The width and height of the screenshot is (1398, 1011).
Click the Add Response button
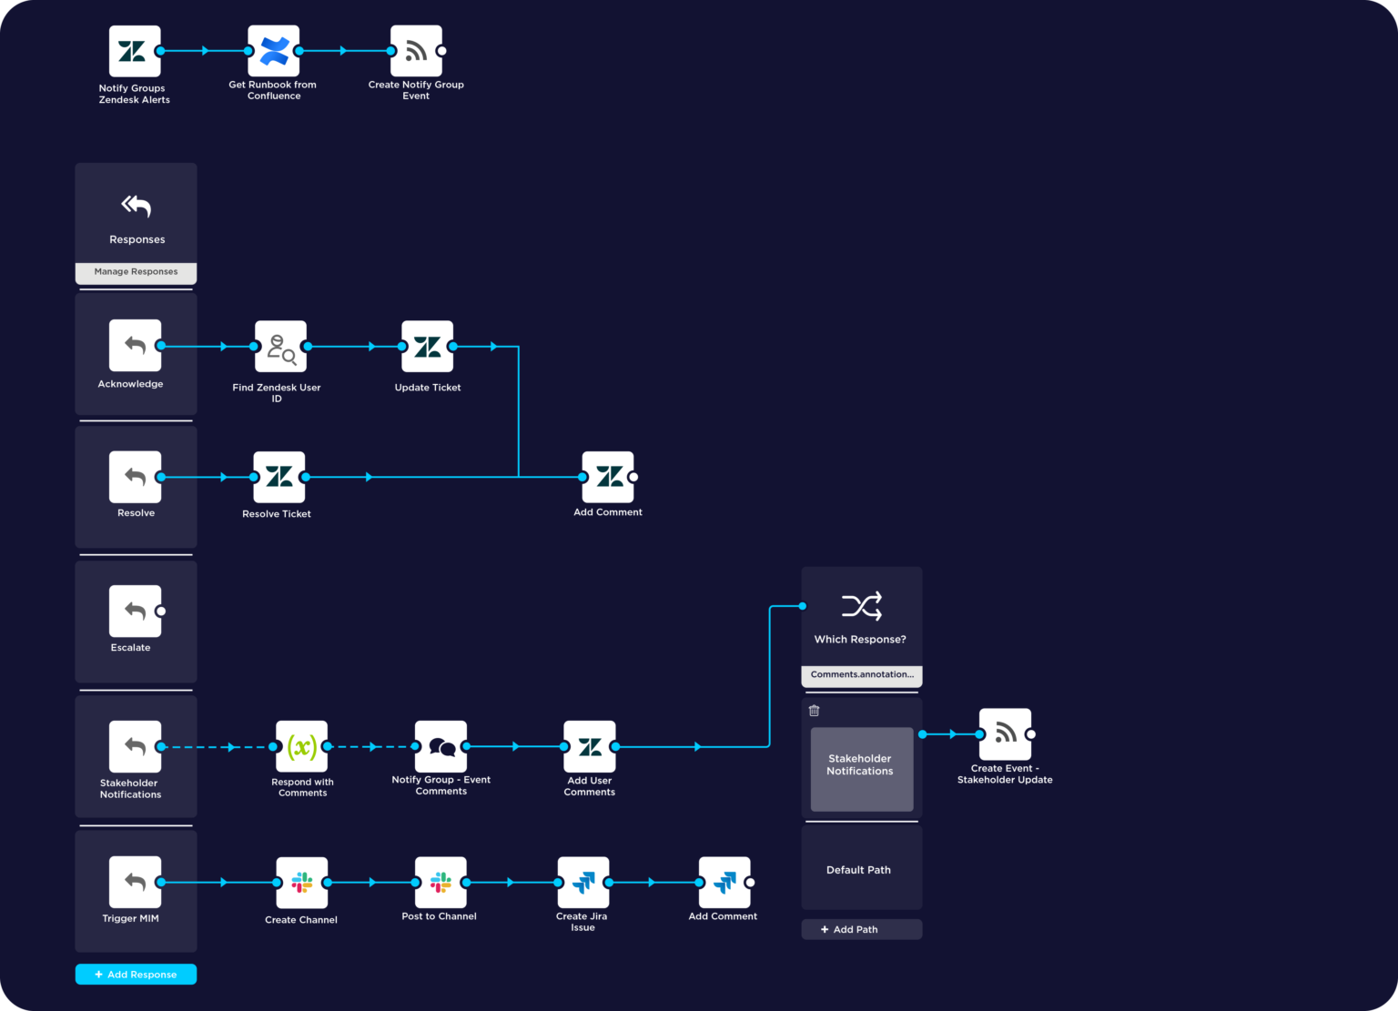point(136,974)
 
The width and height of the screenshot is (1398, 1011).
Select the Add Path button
point(861,929)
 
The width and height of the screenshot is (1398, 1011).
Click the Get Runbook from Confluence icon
point(274,51)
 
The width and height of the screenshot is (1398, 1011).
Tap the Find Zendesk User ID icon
point(280,347)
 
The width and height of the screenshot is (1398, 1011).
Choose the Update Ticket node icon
point(427,347)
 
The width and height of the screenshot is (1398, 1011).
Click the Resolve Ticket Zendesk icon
point(279,477)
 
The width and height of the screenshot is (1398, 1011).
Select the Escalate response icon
point(135,611)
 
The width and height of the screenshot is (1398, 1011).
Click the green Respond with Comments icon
point(301,747)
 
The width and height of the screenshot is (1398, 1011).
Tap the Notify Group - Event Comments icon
point(441,747)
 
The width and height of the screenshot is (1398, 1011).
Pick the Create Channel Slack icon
point(301,883)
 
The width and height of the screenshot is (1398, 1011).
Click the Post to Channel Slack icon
point(441,883)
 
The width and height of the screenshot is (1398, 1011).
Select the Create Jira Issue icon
point(582,883)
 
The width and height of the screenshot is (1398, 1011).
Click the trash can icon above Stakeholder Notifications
point(815,711)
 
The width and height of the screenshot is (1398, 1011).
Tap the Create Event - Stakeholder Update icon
point(1005,733)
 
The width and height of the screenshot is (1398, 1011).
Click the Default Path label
point(858,870)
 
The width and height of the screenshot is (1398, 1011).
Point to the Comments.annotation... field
point(861,675)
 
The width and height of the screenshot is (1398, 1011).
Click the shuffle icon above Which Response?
point(861,606)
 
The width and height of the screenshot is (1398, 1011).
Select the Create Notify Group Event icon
point(416,51)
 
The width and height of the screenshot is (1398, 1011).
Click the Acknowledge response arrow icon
point(135,345)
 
